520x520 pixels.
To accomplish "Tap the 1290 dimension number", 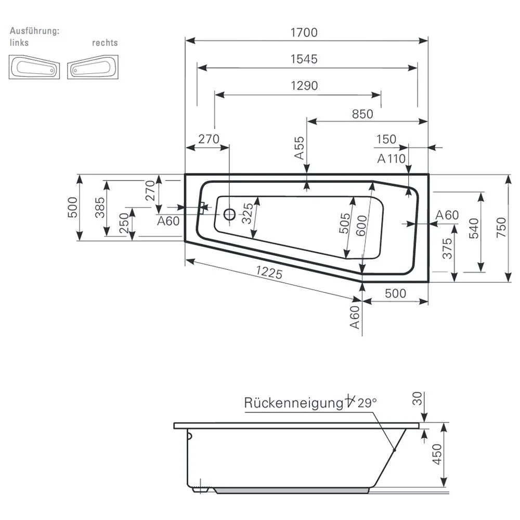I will (x=304, y=85).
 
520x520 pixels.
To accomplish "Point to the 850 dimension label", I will (x=362, y=114).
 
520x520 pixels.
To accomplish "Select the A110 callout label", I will (x=391, y=159).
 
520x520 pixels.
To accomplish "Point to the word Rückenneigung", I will (x=291, y=403).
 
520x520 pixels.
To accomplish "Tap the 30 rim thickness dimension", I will (x=417, y=399).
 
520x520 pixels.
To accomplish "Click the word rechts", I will (x=105, y=43).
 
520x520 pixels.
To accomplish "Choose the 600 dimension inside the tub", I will (x=362, y=226).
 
